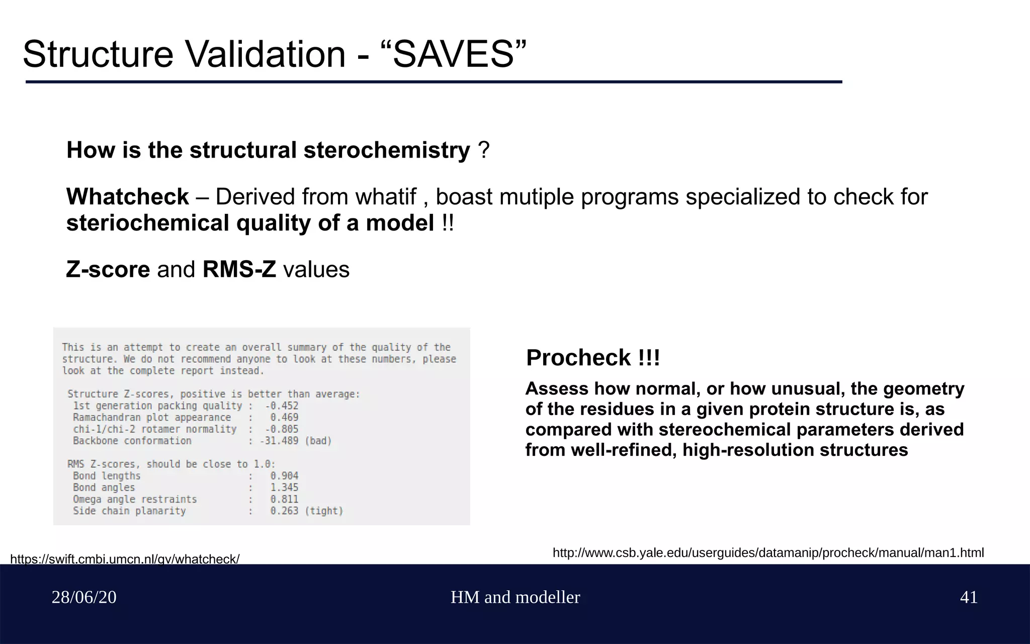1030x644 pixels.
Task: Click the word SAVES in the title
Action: click(453, 54)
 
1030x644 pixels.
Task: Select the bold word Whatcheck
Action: click(127, 197)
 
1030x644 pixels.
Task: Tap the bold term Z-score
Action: click(108, 270)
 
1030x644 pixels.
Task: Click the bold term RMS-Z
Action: click(239, 270)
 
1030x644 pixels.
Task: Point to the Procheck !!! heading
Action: click(593, 358)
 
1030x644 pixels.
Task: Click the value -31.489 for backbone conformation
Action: click(279, 441)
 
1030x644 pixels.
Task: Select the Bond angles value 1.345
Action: click(284, 488)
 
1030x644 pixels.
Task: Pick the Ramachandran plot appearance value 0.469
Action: click(284, 417)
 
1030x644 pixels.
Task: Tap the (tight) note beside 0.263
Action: click(324, 511)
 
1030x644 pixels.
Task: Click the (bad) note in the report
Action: click(318, 441)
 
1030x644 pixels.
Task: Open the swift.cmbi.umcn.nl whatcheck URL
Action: click(125, 559)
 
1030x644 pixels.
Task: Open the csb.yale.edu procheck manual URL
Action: click(768, 553)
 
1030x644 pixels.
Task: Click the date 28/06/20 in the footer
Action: click(84, 597)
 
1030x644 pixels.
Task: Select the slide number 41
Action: click(969, 597)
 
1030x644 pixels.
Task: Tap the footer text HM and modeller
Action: click(515, 597)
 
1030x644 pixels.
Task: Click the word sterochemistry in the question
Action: click(387, 150)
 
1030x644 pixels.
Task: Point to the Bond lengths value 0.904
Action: click(284, 475)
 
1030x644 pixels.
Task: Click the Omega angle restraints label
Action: click(135, 499)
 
